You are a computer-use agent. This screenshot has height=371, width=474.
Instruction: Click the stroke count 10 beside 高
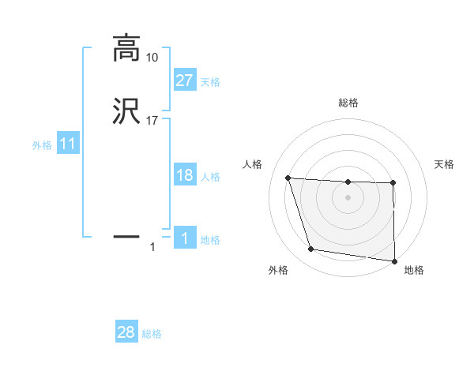(x=152, y=58)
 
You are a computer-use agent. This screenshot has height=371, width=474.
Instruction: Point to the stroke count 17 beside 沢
(x=152, y=120)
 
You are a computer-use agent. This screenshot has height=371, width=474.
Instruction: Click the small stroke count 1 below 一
(x=152, y=248)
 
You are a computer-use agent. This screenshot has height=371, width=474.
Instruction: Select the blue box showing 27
(x=184, y=81)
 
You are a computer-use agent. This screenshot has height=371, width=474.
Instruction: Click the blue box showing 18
(x=184, y=175)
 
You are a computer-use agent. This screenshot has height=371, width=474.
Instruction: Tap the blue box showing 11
(x=67, y=144)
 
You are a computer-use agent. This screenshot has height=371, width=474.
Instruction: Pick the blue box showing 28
(x=126, y=332)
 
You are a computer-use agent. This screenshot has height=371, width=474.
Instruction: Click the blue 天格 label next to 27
(x=210, y=81)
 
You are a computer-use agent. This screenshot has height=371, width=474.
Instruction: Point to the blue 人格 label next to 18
(x=210, y=176)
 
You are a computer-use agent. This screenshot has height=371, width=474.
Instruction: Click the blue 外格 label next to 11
(x=42, y=145)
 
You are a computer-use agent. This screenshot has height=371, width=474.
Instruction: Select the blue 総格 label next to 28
(x=152, y=334)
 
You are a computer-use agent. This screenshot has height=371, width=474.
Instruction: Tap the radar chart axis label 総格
(x=348, y=103)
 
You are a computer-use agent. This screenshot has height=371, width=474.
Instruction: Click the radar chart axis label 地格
(x=414, y=270)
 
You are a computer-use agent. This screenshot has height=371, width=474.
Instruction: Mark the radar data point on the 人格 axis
(x=288, y=178)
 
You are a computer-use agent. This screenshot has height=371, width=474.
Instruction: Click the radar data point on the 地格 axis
(x=394, y=260)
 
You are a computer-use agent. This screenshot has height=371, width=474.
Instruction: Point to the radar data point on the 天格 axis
(x=393, y=183)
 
